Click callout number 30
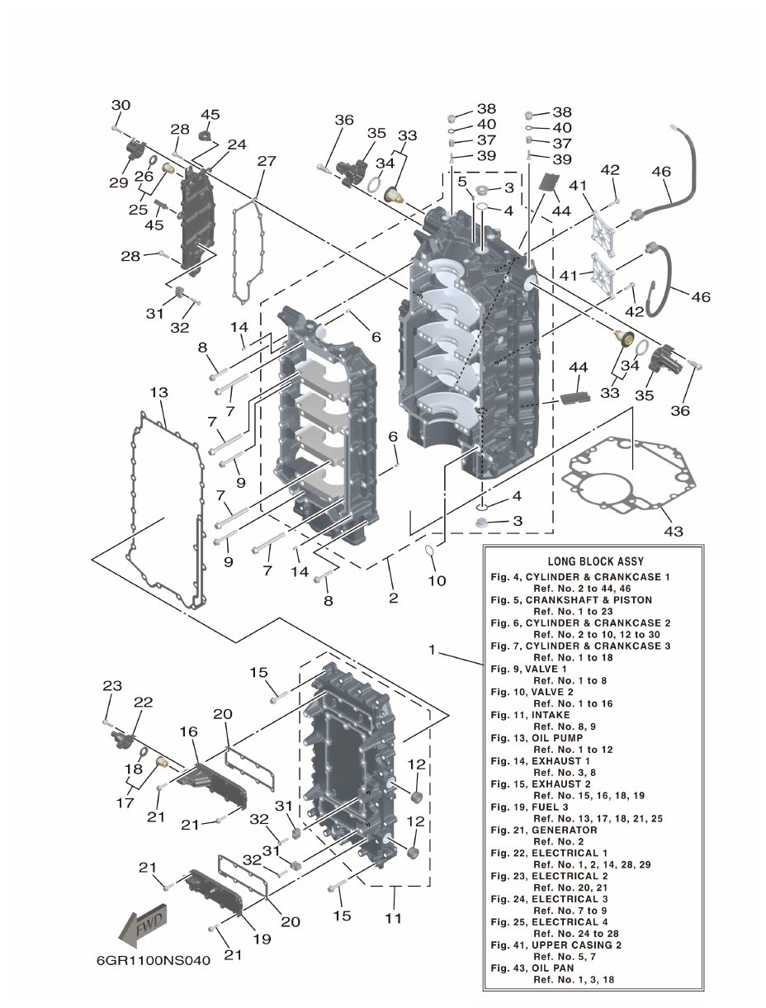click(121, 106)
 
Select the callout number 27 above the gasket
click(266, 161)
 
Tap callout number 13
click(159, 390)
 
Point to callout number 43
click(674, 531)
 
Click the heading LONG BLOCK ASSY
click(595, 561)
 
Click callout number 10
click(437, 580)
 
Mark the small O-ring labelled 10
click(432, 551)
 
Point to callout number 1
click(431, 651)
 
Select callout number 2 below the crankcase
click(394, 597)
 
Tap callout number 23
click(111, 685)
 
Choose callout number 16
click(188, 731)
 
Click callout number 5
click(462, 181)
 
